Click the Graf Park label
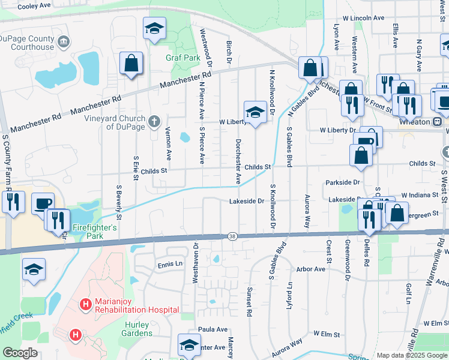[x=182, y=58]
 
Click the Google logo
[x=20, y=353]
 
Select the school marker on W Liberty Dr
[x=255, y=112]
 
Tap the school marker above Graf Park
[x=155, y=28]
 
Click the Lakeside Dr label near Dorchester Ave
[x=247, y=202]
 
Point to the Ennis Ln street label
[x=170, y=264]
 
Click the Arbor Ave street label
[x=311, y=269]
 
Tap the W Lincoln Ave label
[x=364, y=18]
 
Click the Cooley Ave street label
[x=33, y=7]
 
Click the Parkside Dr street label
[x=344, y=182]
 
